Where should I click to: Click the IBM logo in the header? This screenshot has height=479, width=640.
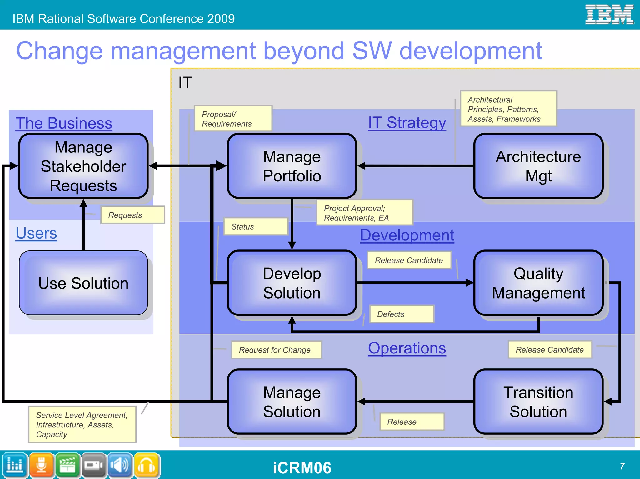click(x=609, y=15)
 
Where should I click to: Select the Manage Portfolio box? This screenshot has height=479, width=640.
click(x=292, y=166)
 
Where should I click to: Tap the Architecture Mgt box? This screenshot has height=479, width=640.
click(x=538, y=166)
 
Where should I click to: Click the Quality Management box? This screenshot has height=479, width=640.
click(x=538, y=283)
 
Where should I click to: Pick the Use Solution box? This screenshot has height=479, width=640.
click(x=83, y=283)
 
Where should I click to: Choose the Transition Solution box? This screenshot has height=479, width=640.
click(x=538, y=402)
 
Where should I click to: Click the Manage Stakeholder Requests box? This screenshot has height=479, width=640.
click(x=83, y=166)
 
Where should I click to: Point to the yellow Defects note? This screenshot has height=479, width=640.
click(x=402, y=314)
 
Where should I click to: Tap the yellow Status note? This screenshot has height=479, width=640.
click(x=256, y=227)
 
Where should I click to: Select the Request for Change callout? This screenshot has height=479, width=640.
click(x=276, y=350)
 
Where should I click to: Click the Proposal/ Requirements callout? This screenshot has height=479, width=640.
click(x=233, y=119)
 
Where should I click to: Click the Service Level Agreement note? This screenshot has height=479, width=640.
click(x=82, y=425)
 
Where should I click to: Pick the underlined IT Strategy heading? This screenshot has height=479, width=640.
click(x=407, y=123)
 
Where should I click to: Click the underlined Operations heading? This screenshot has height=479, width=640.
click(x=407, y=348)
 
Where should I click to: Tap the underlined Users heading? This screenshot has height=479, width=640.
click(x=36, y=233)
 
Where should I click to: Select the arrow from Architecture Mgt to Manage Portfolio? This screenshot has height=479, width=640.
click(x=416, y=166)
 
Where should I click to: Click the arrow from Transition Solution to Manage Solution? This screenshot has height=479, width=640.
click(x=416, y=402)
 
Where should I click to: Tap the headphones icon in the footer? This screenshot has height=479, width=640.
click(x=147, y=466)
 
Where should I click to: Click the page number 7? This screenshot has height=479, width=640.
click(x=622, y=466)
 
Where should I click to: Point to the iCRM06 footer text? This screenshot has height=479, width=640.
click(x=302, y=468)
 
